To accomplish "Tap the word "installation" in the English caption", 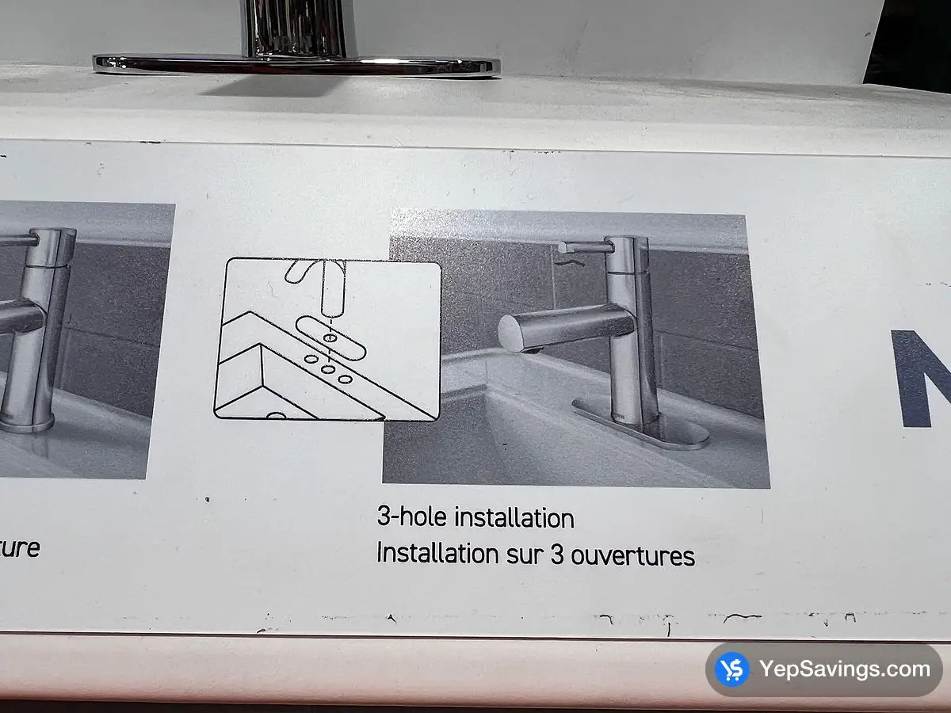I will pos(514,519).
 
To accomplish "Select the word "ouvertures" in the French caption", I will pos(633,555).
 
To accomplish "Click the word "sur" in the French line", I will pos(525,555).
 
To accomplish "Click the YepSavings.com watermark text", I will pos(845,669).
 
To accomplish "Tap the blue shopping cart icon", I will pos(731,670).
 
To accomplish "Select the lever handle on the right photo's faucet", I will pos(587,247).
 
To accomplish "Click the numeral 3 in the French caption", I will pos(556,555).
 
